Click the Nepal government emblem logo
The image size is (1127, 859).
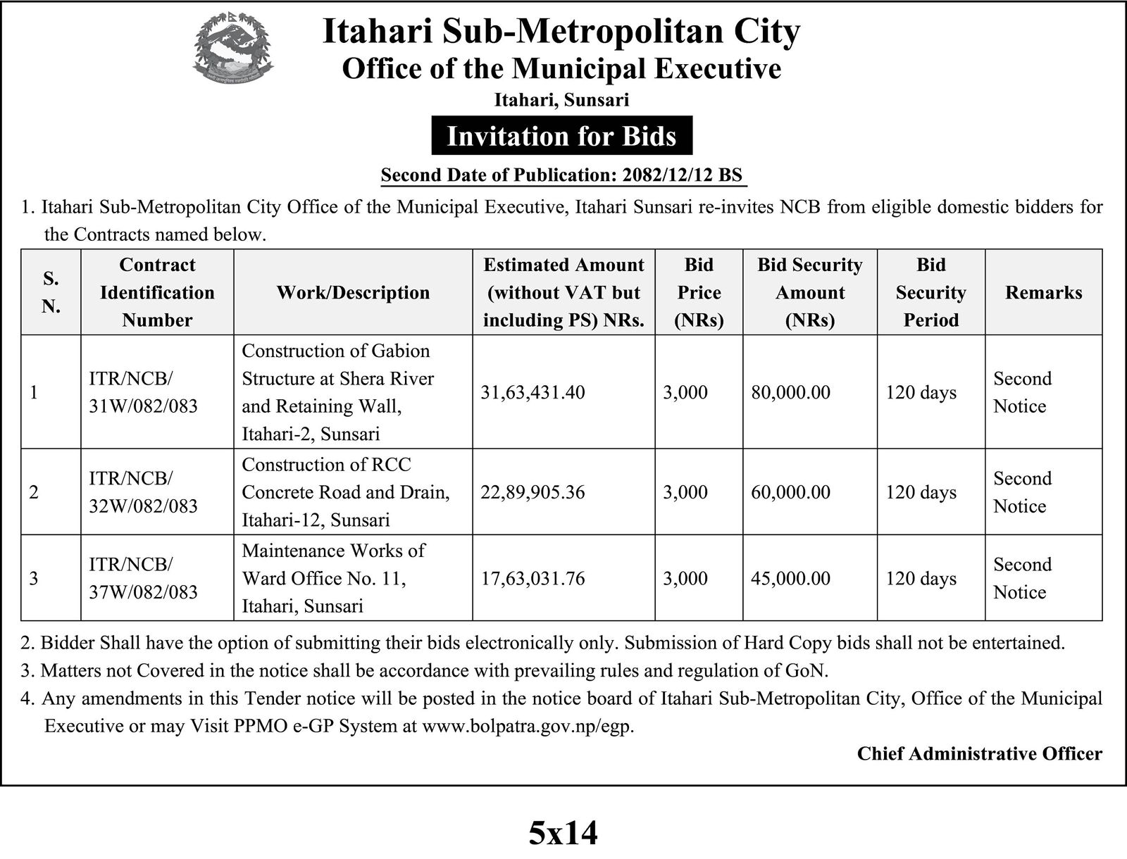pyautogui.click(x=232, y=52)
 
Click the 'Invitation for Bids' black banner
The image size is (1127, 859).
pyautogui.click(x=561, y=136)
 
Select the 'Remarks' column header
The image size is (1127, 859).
pyautogui.click(x=1043, y=292)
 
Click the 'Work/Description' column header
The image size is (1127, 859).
pyautogui.click(x=353, y=292)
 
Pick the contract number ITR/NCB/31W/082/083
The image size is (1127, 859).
pyautogui.click(x=143, y=392)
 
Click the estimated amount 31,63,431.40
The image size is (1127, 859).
pyautogui.click(x=533, y=392)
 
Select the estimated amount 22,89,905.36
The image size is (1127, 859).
pyautogui.click(x=533, y=492)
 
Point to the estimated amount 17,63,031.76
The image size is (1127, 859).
pyautogui.click(x=533, y=578)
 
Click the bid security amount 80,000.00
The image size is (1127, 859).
pyautogui.click(x=790, y=392)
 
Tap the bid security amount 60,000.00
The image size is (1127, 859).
pyautogui.click(x=790, y=492)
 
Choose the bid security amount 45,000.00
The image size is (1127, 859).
pyautogui.click(x=790, y=578)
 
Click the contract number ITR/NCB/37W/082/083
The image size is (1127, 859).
pyautogui.click(x=143, y=578)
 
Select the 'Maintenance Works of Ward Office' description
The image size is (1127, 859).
pyautogui.click(x=333, y=578)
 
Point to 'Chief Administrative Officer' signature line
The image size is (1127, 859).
pyautogui.click(x=979, y=754)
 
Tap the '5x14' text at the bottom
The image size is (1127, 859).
pyautogui.click(x=563, y=833)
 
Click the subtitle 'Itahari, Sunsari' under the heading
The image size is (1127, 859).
pyautogui.click(x=561, y=100)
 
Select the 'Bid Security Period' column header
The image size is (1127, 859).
pyautogui.click(x=930, y=292)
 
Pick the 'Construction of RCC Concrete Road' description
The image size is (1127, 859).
pyautogui.click(x=345, y=492)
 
